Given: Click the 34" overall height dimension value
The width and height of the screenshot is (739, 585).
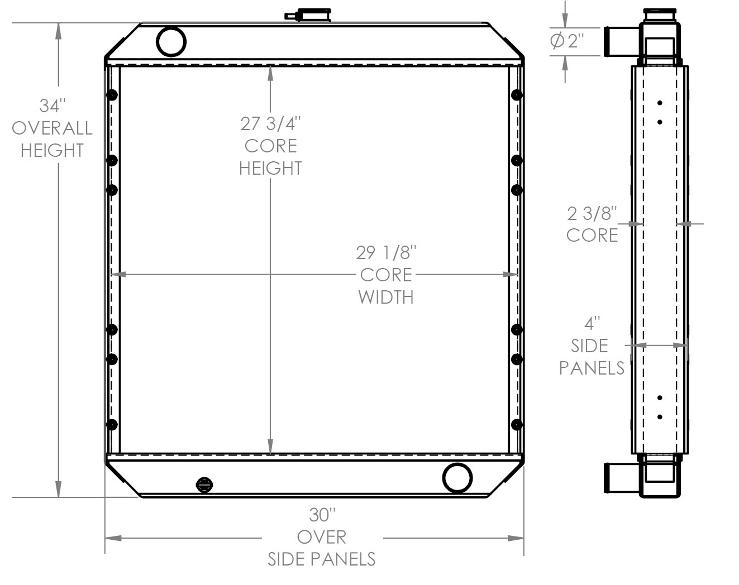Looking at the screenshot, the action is (x=52, y=106).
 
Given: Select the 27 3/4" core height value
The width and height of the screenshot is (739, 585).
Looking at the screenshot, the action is (x=270, y=123).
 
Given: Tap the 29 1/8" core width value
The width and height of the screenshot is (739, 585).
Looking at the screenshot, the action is (x=386, y=252).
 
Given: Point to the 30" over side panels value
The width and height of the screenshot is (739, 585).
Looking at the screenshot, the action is (x=322, y=514).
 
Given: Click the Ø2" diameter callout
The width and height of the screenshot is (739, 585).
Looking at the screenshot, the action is (x=567, y=41).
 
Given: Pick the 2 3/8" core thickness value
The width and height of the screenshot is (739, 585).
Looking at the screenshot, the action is (x=592, y=213).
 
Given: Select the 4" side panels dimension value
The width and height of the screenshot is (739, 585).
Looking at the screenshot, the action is (x=592, y=323).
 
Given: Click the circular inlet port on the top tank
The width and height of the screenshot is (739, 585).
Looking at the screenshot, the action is (x=171, y=41).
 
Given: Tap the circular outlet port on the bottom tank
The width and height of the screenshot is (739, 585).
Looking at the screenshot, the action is (x=457, y=478).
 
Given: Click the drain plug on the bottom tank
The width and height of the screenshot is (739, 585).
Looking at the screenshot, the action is (x=204, y=485).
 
